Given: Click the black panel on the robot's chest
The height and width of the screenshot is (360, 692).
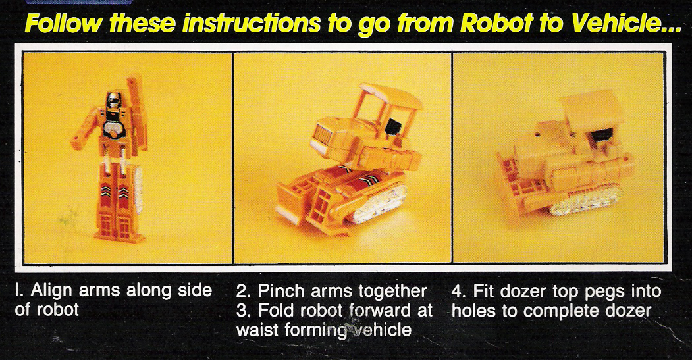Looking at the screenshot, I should tap(117, 123).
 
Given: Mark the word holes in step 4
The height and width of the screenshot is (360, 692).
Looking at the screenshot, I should tap(476, 309).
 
